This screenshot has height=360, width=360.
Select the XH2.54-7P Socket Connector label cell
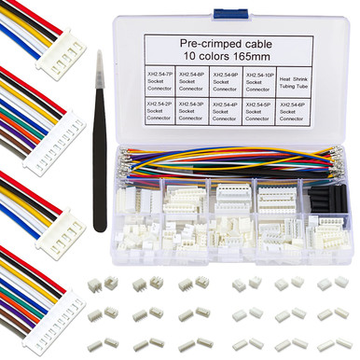pyautogui.click(x=161, y=80)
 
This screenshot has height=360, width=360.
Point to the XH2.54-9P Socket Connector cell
pyautogui.click(x=226, y=80)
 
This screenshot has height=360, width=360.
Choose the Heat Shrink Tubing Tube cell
pyautogui.click(x=294, y=80)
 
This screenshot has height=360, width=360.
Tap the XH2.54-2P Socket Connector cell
pyautogui.click(x=161, y=110)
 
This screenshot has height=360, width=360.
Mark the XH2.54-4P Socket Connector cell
pyautogui.click(x=226, y=110)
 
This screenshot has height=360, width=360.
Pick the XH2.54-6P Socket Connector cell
pyautogui.click(x=294, y=110)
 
